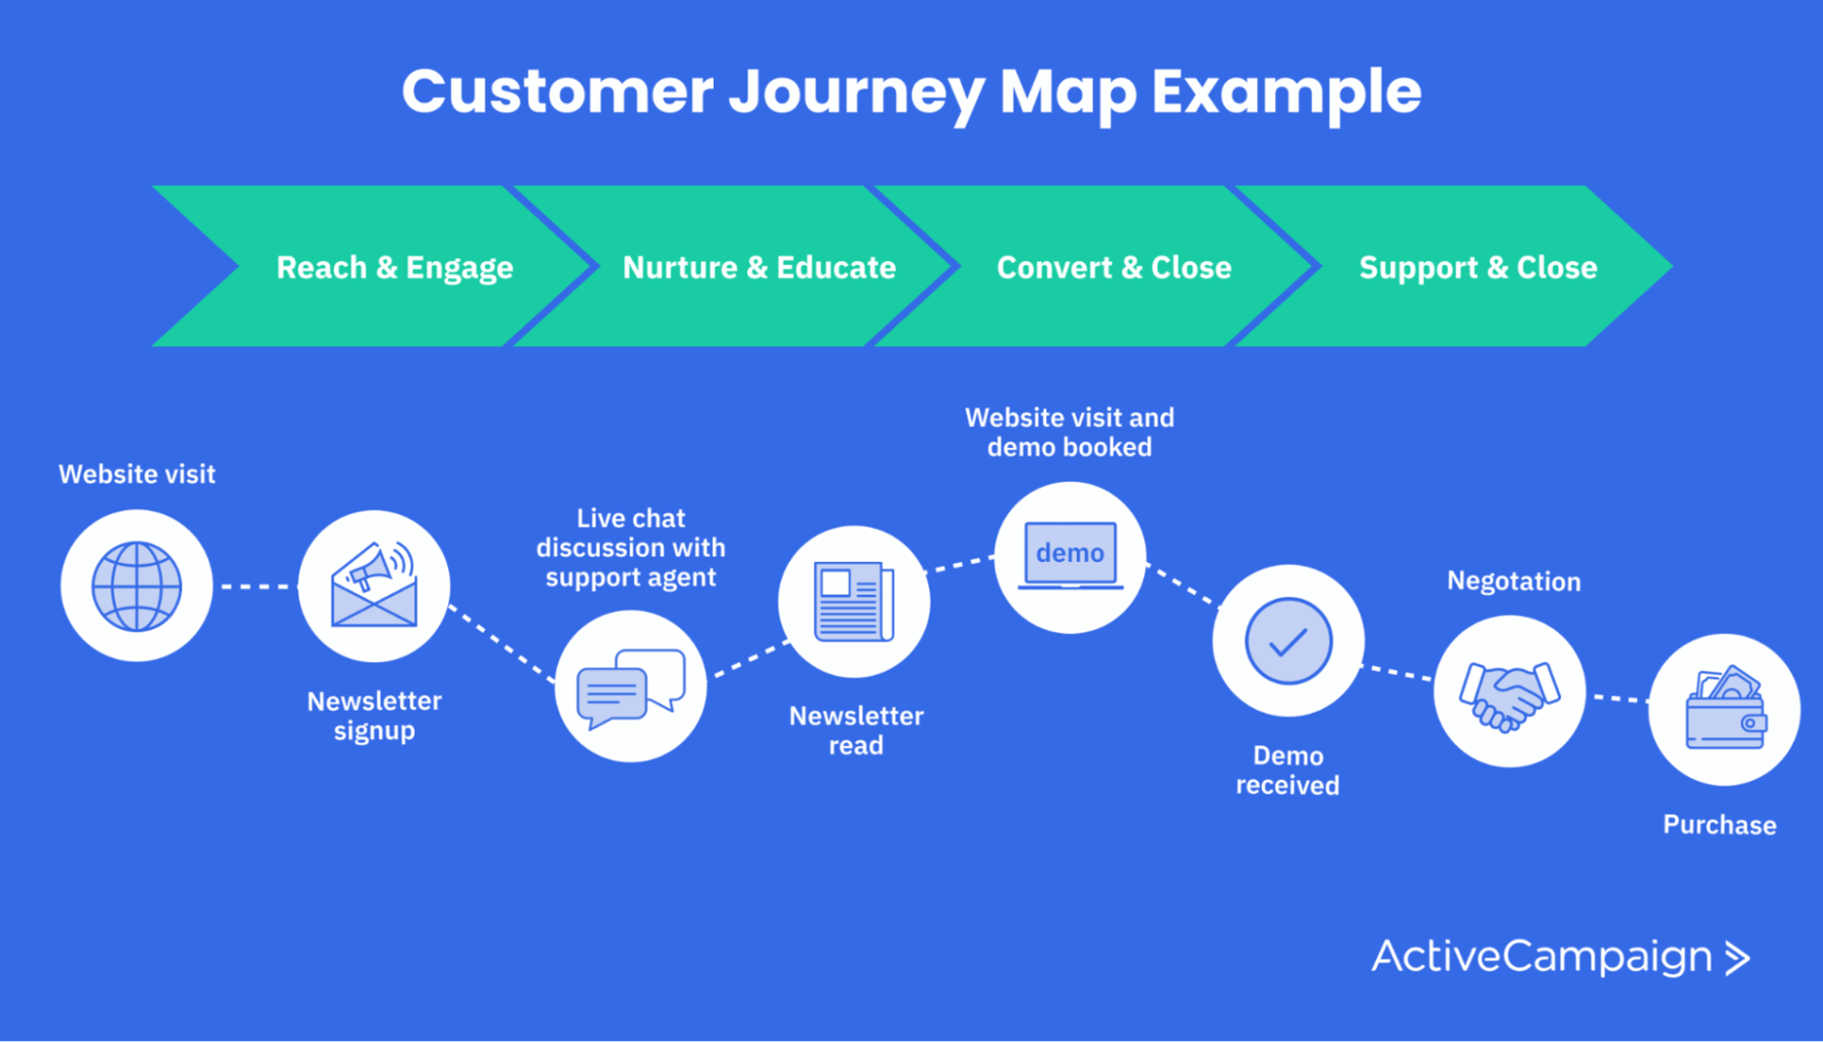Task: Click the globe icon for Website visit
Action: point(137,586)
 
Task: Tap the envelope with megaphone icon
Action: point(374,586)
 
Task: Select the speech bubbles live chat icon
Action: point(630,686)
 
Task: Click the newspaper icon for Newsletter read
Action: point(854,602)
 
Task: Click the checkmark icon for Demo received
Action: point(1288,641)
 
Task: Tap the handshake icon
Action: point(1510,692)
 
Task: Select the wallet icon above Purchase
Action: point(1724,709)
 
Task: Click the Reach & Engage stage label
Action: point(394,268)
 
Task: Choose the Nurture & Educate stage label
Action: point(759,268)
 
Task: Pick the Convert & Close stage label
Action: point(1114,268)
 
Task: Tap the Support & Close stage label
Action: point(1477,268)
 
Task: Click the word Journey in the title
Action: point(856,93)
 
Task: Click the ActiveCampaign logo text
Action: point(1541,957)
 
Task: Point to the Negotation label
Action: point(1513,581)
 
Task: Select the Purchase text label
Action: point(1719,825)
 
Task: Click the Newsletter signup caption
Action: point(374,716)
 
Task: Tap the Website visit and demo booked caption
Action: point(1069,432)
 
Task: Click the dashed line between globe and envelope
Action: point(255,586)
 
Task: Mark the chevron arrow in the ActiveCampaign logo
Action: point(1737,958)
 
